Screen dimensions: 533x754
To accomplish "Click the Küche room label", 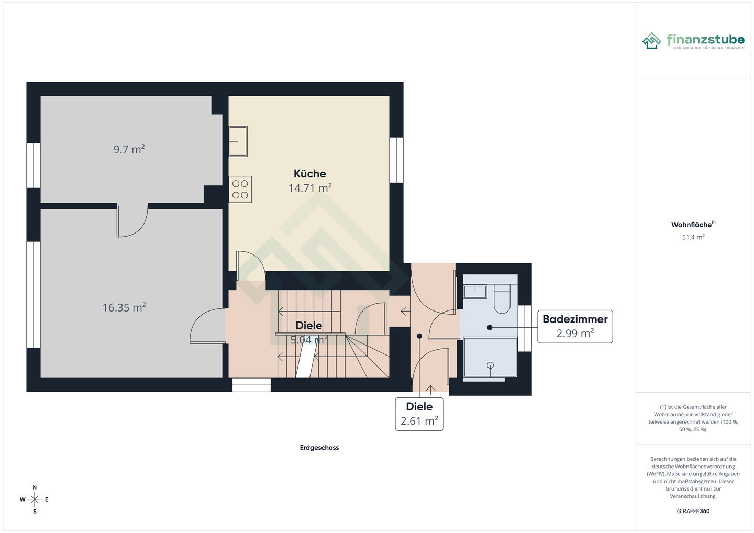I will pos(309,174).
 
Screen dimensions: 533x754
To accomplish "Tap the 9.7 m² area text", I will pos(129,149).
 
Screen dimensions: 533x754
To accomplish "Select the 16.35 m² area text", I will pos(124,307).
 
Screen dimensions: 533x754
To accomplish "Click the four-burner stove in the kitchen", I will pos(240,190).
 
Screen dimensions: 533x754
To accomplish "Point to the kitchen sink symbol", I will pos(238,141).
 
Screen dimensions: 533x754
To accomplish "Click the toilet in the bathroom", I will pos(502,299).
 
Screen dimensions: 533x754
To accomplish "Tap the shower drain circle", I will pos(490,365).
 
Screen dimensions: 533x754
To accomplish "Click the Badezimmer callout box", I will pos(575,326).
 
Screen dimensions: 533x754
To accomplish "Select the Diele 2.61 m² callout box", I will pos(419,414).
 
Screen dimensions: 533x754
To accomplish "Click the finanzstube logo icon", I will pos(652,41).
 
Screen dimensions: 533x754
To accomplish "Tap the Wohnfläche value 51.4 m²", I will pos(693,237).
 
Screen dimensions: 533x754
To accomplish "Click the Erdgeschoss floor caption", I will pos(319,448).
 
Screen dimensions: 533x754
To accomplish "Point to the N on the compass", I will pos(35,487).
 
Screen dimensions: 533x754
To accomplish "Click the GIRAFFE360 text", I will pos(693,511).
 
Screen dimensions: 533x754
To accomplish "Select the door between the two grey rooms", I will pos(132,221).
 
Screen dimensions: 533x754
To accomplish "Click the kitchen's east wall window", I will pos(396,160).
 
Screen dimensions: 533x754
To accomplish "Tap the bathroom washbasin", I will pos(475,291).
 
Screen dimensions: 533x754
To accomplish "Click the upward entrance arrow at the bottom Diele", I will pos(431,390).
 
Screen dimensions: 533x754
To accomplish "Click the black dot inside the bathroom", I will pos(490,327).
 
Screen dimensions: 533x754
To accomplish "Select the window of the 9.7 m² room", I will pos(34,165).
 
